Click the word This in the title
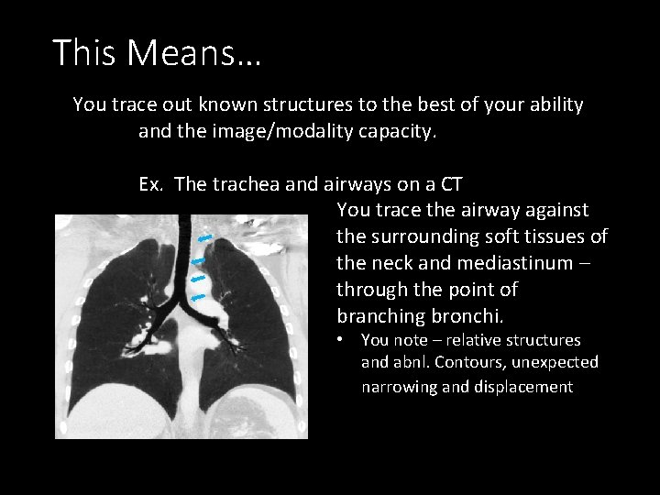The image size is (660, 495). pos(82,53)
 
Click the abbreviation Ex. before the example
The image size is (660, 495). pos(153,184)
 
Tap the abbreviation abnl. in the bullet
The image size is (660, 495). pos(411,363)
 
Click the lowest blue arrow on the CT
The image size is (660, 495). pos(197,297)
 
